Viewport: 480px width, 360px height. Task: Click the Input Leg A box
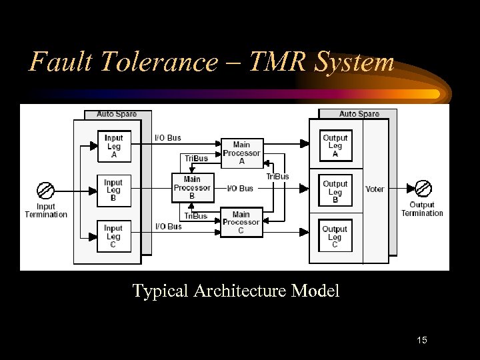coord(113,146)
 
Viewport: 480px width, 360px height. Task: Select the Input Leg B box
coord(113,190)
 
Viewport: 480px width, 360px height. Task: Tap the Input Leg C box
coord(113,236)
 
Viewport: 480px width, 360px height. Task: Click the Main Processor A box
coord(241,153)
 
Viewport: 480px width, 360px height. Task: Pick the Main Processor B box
coord(192,187)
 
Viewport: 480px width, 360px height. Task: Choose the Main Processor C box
coord(241,223)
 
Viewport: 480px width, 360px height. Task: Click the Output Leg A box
coord(335,146)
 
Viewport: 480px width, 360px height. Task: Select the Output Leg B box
coord(335,191)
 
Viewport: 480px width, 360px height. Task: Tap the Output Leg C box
coord(335,237)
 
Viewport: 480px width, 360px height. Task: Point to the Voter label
coord(375,189)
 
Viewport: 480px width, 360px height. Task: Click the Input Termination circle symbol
coord(46,191)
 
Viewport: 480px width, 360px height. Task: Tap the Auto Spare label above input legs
coord(117,114)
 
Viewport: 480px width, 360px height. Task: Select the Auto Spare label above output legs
coord(359,114)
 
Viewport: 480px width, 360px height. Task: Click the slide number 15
coord(421,341)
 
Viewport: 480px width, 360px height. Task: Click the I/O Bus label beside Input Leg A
coord(168,138)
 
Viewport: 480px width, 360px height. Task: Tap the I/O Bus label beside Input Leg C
coord(168,227)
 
